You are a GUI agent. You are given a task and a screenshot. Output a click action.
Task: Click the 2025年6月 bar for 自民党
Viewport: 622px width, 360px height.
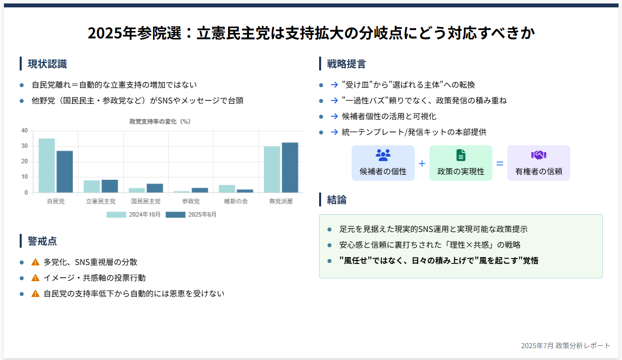65,172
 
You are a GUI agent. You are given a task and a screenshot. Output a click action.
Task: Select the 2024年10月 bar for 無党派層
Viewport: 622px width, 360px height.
272,169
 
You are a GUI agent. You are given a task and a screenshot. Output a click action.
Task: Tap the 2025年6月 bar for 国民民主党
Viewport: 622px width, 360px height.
155,188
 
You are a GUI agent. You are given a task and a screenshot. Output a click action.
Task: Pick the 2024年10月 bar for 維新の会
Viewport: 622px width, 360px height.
227,189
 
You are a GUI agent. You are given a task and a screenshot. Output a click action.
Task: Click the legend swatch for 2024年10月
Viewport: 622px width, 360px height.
116,215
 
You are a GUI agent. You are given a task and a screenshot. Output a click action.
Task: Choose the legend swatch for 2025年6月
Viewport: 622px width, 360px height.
175,215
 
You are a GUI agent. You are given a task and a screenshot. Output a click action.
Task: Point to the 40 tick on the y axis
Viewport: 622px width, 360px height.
25,131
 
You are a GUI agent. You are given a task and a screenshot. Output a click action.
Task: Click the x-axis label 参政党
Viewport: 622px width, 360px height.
191,201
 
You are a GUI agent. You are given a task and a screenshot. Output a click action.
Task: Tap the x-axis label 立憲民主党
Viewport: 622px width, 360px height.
101,201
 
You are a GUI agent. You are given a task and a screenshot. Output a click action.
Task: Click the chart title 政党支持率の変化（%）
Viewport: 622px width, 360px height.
160,121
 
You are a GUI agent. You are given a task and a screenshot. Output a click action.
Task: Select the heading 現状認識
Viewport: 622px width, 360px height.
47,64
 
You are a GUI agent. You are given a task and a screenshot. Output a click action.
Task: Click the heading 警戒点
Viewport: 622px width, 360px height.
42,241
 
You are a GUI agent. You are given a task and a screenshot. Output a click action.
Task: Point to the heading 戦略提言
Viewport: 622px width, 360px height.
346,64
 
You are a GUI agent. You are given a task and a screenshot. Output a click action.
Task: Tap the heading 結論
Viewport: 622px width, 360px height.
336,200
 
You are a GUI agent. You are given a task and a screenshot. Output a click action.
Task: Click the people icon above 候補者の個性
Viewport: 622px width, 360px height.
383,155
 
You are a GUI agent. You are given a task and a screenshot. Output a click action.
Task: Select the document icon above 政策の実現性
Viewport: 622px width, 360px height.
461,155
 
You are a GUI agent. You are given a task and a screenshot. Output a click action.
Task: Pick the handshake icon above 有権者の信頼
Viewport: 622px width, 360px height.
539,155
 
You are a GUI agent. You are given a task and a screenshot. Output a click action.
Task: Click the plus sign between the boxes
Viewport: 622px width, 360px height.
422,164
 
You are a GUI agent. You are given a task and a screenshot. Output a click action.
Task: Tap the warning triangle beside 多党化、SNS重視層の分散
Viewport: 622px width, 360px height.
35,262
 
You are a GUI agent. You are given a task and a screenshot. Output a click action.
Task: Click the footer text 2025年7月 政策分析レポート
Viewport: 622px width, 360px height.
565,346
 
